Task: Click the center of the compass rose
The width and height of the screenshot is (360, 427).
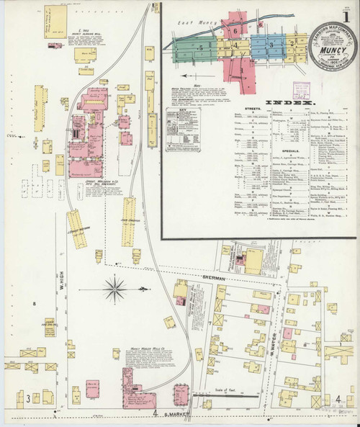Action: (x=114, y=289)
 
